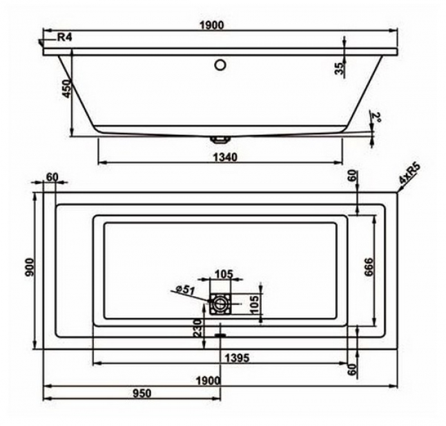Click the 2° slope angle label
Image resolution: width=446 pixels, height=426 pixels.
click(376, 118)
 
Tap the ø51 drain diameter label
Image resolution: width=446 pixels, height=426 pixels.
click(185, 290)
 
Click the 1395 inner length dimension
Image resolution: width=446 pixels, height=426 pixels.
click(236, 358)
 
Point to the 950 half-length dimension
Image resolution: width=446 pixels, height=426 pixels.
click(141, 393)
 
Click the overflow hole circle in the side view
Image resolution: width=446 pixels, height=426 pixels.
click(220, 64)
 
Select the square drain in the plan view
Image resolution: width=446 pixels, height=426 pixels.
click(220, 304)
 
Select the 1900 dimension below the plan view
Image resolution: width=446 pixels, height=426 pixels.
click(208, 380)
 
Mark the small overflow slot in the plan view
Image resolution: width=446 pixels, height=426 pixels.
click(220, 333)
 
